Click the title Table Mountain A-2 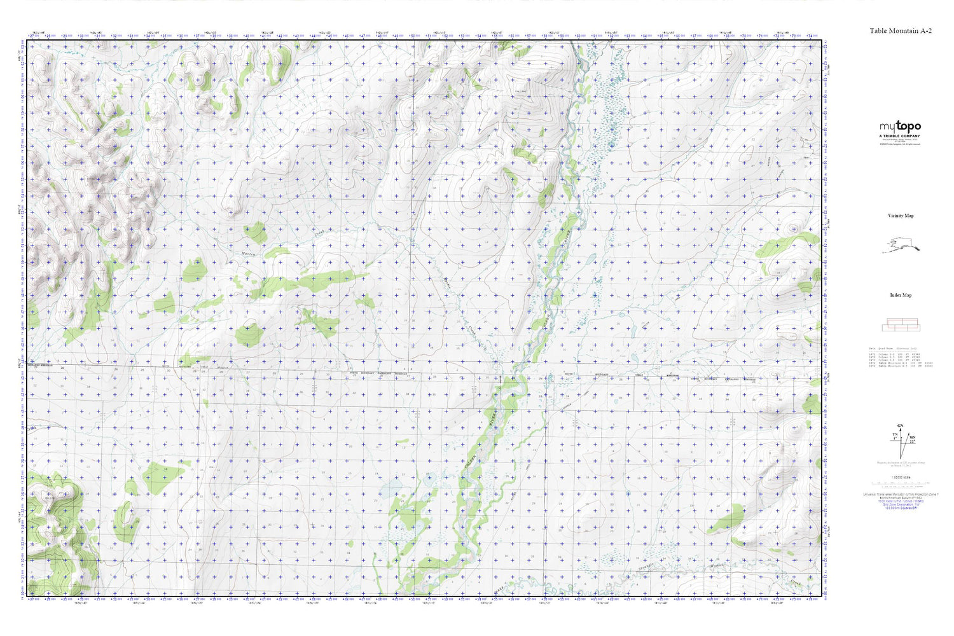tap(901, 31)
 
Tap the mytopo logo tap(900, 127)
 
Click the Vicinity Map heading tap(901, 216)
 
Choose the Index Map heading tap(901, 295)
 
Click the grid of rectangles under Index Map tap(900, 325)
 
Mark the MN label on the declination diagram tap(912, 438)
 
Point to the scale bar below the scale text tap(901, 485)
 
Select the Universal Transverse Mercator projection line tap(901, 494)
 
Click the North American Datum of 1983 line tap(901, 498)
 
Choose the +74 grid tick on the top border tap(810, 36)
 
